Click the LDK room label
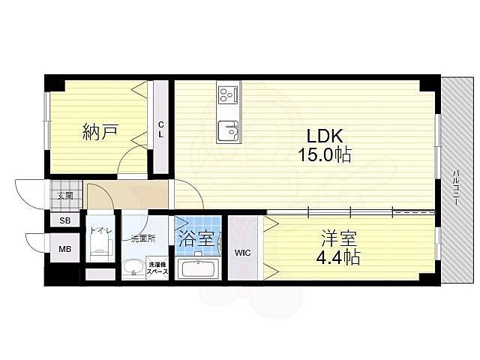(324, 136)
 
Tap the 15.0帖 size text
(324, 156)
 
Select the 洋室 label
(339, 239)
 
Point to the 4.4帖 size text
(339, 259)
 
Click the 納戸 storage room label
(100, 133)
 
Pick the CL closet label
(160, 130)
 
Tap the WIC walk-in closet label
(242, 253)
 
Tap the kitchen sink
(227, 132)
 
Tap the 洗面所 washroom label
(142, 238)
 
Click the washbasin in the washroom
(135, 268)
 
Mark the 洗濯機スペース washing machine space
(157, 268)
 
